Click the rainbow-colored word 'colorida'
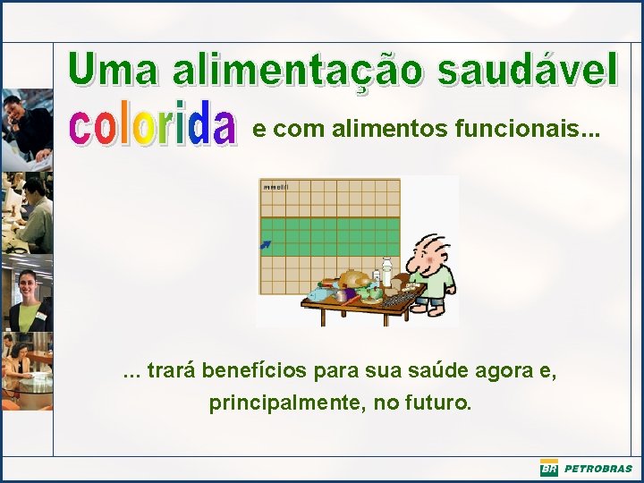(x=153, y=126)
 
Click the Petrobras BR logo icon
(x=548, y=469)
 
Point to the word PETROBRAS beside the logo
(x=597, y=469)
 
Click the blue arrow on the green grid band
(x=266, y=243)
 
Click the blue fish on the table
(x=319, y=292)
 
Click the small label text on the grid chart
(x=275, y=187)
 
